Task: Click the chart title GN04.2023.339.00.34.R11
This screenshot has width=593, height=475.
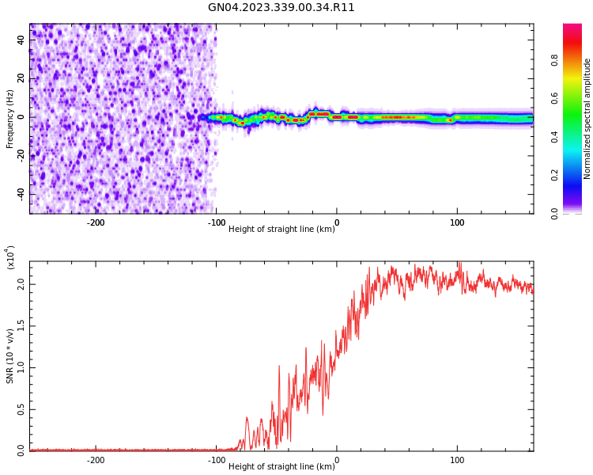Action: pos(281,8)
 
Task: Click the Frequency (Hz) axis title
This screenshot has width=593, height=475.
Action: pos(10,119)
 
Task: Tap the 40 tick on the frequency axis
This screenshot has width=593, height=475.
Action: pos(21,40)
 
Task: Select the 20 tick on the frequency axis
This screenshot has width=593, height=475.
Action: pos(21,78)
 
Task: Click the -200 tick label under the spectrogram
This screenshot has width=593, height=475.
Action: pos(95,222)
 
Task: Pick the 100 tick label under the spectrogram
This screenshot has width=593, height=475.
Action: pos(457,222)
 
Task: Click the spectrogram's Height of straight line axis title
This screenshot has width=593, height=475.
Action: pos(281,229)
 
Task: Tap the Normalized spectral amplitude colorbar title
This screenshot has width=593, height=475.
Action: pos(587,119)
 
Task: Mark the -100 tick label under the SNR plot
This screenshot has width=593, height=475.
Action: pos(216,460)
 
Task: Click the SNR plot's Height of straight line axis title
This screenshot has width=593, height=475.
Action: pos(281,466)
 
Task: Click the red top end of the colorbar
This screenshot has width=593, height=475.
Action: pos(572,28)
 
